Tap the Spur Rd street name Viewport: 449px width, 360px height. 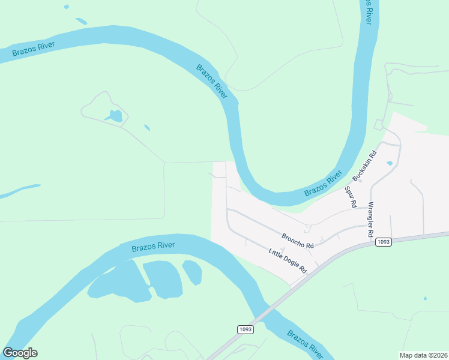coord(349,197)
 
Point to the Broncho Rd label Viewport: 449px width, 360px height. coord(298,241)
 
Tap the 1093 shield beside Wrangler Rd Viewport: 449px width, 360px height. coord(384,242)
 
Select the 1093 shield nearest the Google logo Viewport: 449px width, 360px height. coord(245,329)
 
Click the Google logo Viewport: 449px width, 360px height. coord(20,353)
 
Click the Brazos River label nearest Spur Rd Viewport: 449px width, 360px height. coord(323,183)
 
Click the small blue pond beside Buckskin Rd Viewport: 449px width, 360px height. coord(390,163)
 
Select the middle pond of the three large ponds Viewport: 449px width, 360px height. coord(162,278)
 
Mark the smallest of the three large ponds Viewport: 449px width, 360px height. coord(192,272)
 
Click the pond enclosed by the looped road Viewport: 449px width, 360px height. coord(115,116)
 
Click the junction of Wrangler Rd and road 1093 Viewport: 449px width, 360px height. coord(367,240)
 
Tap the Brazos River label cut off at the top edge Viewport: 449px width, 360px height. coord(370,11)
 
